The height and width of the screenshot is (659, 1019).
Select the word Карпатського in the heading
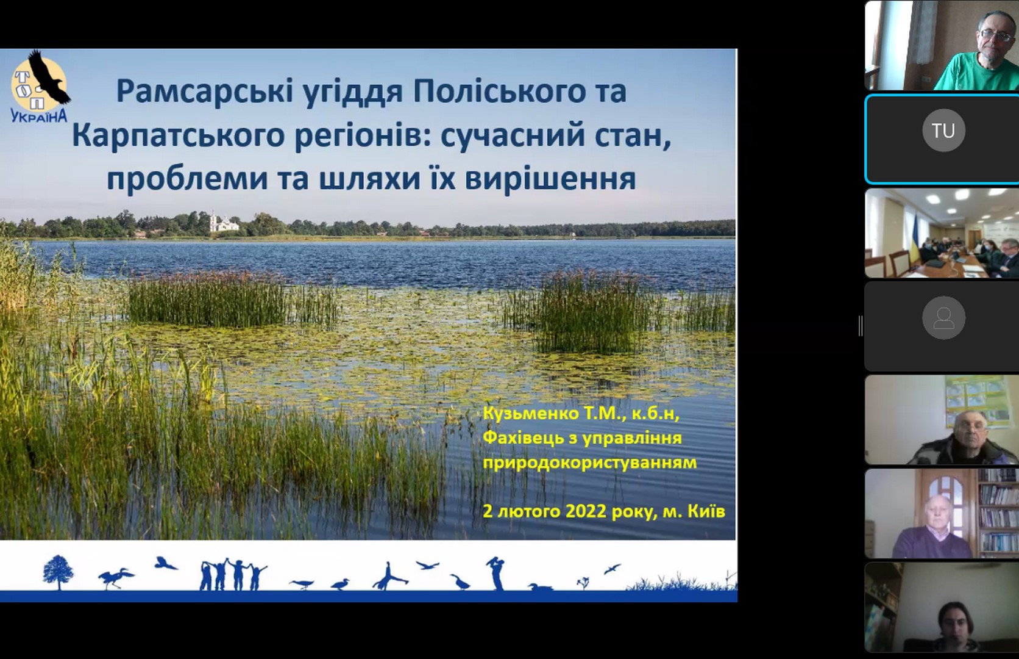179,135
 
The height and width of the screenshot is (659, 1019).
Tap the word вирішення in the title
550,179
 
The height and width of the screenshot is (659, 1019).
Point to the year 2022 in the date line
586,511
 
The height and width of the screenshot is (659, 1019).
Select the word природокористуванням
589,463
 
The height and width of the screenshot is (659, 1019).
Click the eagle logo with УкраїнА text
40,87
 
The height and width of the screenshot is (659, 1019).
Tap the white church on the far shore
223,223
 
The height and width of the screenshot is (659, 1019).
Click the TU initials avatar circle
943,131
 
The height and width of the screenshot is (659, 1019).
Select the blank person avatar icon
943,318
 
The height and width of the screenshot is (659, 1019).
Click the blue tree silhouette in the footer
58,572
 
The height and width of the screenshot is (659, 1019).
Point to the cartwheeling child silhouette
389,577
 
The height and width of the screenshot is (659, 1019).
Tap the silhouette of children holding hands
233,574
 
